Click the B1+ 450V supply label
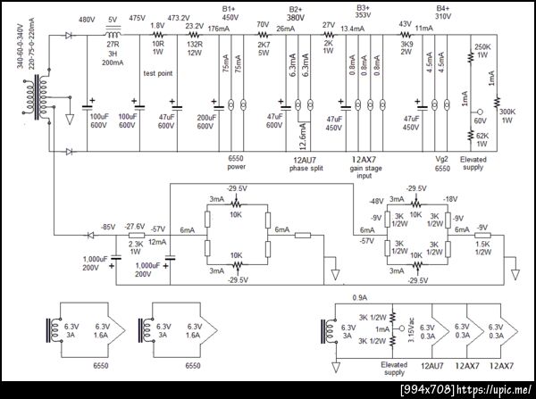[x=230, y=12]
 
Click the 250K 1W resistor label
[x=483, y=51]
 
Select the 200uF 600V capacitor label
[x=206, y=121]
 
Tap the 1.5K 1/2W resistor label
[x=484, y=248]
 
